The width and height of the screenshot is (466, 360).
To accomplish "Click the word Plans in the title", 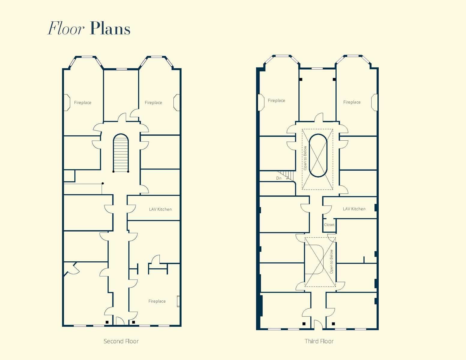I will [110, 29].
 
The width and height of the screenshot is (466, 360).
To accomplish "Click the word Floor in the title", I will [66, 29].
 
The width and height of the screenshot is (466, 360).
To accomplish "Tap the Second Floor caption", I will [121, 341].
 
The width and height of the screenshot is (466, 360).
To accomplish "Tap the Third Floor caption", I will [319, 341].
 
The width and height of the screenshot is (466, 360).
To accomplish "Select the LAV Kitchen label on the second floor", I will [160, 209].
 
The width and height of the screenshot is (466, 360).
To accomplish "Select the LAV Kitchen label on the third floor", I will [354, 209].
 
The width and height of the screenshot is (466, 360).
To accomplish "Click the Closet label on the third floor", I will [329, 225].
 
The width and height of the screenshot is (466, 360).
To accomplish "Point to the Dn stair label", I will [279, 178].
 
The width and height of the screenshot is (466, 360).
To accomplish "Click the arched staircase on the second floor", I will [121, 153].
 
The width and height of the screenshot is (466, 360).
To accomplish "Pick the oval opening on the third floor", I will [318, 155].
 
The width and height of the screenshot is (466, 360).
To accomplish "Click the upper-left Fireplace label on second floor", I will [83, 103].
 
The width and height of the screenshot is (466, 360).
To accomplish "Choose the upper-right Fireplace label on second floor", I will [153, 103].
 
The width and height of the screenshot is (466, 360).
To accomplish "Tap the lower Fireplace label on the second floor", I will [157, 301].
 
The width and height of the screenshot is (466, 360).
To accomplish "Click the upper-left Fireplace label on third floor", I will [276, 100].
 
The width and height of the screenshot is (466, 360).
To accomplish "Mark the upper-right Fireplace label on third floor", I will [352, 102].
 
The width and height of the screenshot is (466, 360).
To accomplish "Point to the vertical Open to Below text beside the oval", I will [305, 158].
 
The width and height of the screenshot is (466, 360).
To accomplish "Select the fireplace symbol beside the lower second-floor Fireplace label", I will [178, 301].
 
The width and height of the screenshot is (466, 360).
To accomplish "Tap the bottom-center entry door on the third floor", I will [318, 325].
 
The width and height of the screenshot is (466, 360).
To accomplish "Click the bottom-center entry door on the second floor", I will [120, 321].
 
